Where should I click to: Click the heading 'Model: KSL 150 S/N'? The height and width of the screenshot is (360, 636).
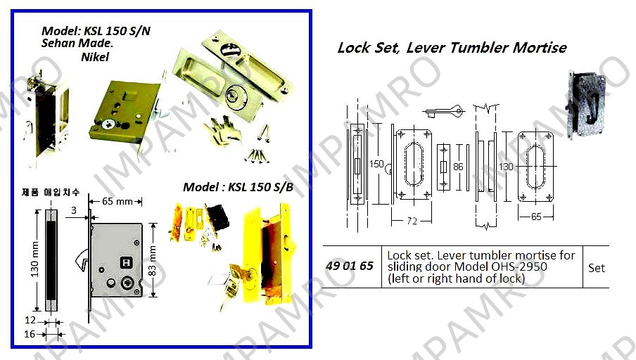96,31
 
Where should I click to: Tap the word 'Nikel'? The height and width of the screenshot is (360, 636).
95,57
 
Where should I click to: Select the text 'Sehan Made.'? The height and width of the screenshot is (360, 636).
77,44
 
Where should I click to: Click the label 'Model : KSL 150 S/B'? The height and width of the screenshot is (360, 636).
238,187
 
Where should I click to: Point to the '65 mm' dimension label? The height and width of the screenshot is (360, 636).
117,201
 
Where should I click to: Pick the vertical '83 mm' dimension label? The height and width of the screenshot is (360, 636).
153,261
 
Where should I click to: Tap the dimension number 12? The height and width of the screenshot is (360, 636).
30,320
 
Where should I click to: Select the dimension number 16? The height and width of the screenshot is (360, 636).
30,334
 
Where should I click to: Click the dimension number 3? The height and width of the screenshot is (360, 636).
74,210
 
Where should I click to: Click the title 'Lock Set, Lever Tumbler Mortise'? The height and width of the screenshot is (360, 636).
452,48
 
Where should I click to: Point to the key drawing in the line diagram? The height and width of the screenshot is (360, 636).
443,111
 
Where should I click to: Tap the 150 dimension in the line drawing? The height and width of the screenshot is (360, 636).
376,165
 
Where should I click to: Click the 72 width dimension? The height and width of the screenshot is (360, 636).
412,221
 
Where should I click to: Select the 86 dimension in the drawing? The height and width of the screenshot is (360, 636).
458,167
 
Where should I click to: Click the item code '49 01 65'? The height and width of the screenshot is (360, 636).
349,266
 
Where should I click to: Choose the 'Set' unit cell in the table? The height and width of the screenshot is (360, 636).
597,268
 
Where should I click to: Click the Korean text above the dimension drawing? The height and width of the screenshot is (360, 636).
51,192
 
